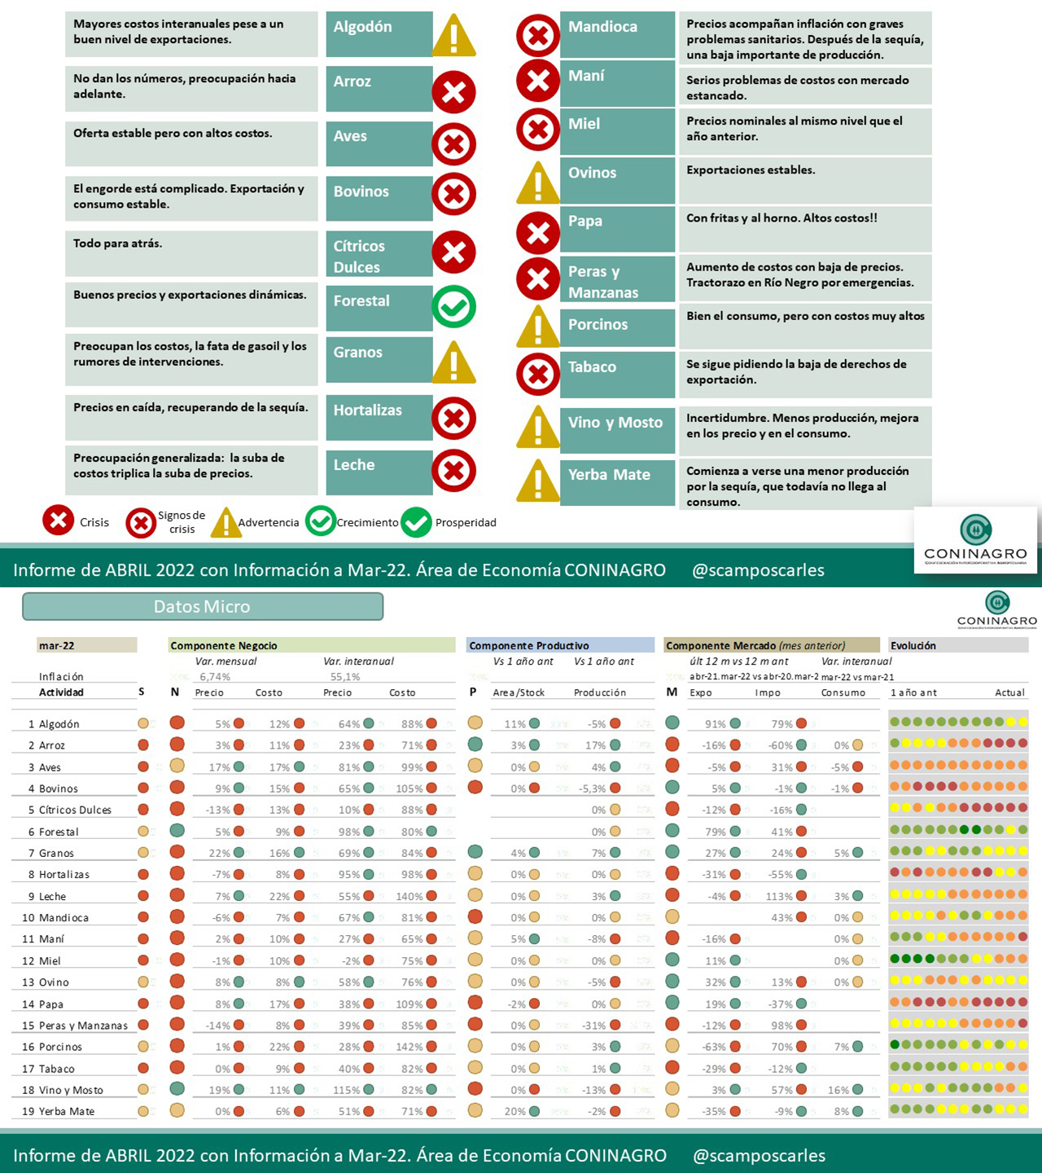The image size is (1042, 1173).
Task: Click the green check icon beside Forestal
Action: (453, 307)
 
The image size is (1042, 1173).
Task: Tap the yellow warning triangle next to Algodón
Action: (453, 37)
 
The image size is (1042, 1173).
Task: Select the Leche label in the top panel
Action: (354, 465)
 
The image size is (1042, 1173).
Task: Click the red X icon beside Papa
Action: (538, 233)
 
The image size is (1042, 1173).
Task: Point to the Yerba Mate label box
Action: (617, 476)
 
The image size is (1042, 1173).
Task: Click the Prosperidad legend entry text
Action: (466, 523)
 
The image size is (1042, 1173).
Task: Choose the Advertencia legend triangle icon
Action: (225, 523)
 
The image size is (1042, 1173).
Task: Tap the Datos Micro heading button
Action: (203, 607)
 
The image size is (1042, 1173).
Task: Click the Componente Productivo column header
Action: (529, 646)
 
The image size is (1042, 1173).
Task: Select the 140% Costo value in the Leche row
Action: (409, 896)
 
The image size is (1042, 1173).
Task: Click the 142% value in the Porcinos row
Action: (409, 1047)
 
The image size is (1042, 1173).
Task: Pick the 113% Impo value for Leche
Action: (779, 896)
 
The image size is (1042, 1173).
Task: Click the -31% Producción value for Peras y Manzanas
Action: (594, 1026)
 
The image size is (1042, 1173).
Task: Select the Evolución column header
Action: (913, 646)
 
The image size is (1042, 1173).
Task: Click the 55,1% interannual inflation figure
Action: (345, 677)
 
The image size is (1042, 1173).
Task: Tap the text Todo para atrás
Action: (118, 244)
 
